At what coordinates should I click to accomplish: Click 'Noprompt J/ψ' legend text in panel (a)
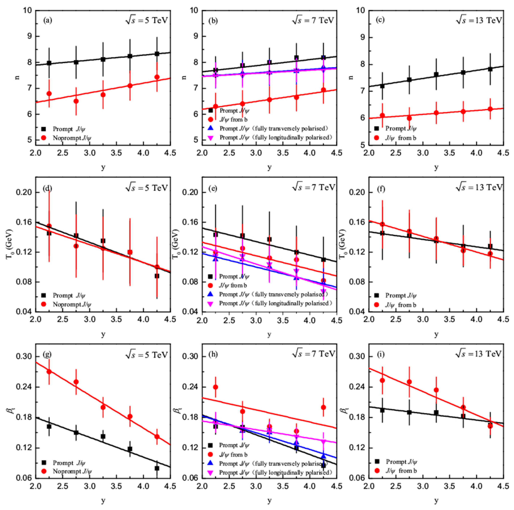click(x=72, y=138)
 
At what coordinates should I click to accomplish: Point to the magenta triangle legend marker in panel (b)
click(x=211, y=138)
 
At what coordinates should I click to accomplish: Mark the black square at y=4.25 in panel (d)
click(x=157, y=276)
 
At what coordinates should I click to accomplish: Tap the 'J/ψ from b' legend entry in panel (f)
click(x=400, y=305)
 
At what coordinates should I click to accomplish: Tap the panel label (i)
click(x=381, y=355)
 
